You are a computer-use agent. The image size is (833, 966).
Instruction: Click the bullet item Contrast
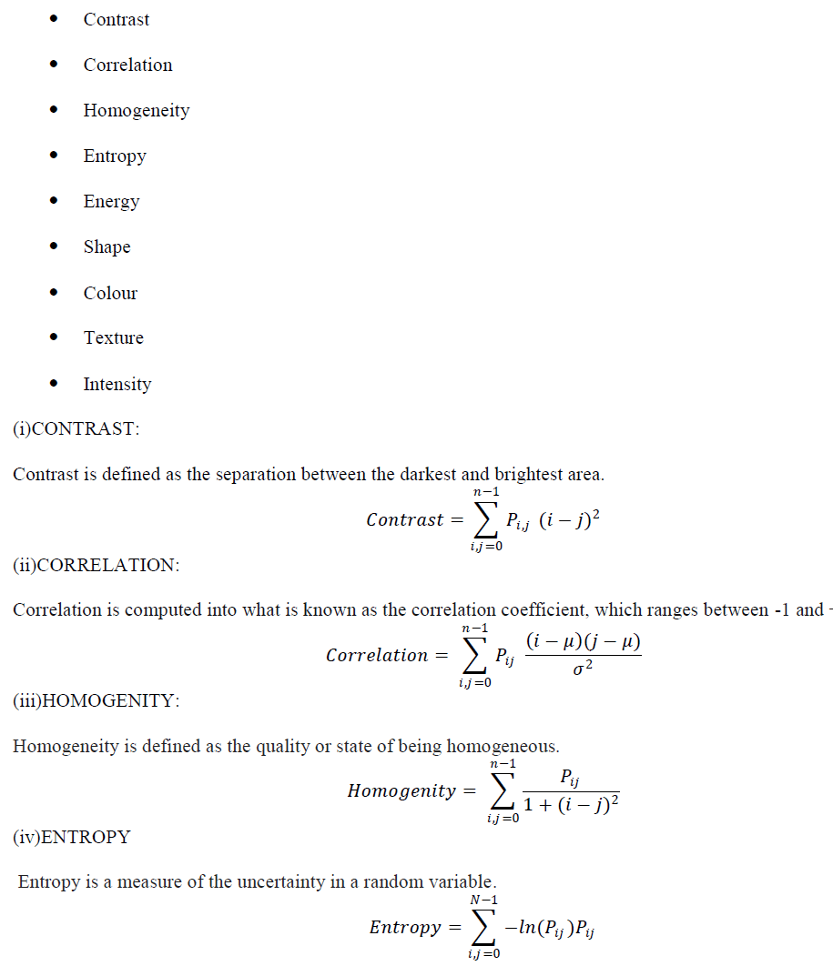(117, 19)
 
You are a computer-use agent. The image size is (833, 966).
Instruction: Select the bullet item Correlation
(127, 65)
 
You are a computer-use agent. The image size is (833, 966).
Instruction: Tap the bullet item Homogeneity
(137, 110)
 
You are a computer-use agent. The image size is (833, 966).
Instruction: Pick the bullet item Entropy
(115, 156)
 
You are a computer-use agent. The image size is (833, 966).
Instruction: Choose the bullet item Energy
(111, 201)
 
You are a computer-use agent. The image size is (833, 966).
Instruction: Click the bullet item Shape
(107, 247)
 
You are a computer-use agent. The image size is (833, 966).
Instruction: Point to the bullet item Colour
(110, 293)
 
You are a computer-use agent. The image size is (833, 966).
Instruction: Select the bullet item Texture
(114, 337)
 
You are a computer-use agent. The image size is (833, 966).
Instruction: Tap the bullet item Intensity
(117, 384)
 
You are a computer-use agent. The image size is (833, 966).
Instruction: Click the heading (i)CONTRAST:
(76, 429)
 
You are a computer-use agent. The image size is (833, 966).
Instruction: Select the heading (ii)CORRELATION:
(96, 565)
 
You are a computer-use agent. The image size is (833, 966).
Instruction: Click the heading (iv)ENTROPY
(71, 837)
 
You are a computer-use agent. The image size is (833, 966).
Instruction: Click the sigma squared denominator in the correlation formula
(584, 669)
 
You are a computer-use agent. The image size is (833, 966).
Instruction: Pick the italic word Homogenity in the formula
(401, 791)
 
